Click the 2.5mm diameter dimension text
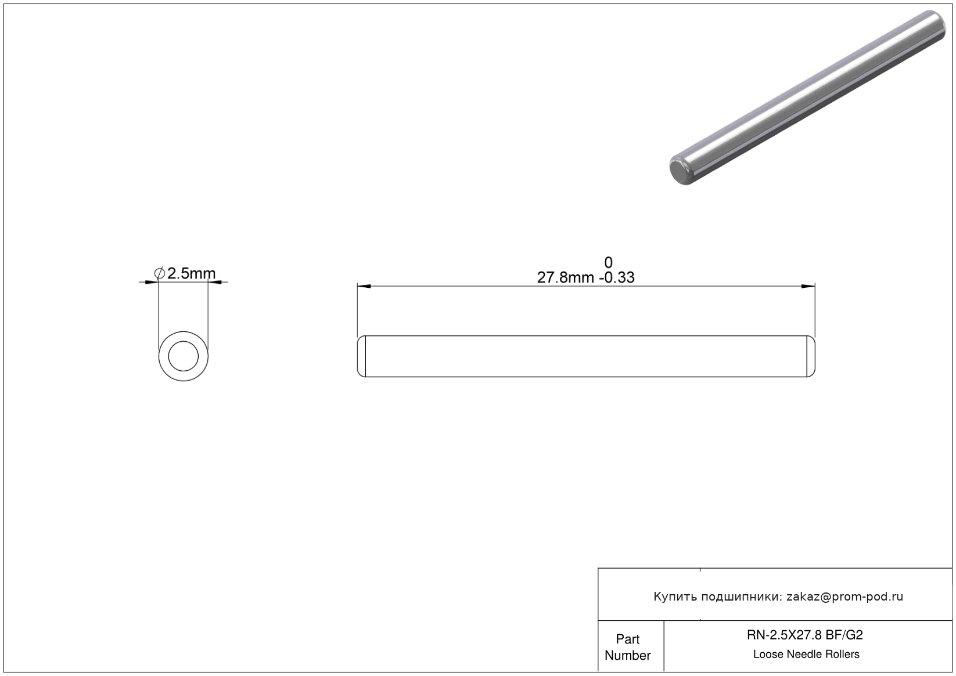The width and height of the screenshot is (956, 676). [x=191, y=273]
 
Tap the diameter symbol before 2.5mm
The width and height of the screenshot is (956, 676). [x=159, y=273]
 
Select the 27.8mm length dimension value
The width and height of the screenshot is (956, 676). [x=565, y=277]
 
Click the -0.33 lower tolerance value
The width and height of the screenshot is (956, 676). [x=617, y=277]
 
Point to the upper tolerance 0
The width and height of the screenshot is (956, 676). [x=609, y=262]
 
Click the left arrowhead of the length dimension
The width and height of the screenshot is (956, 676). [x=364, y=286]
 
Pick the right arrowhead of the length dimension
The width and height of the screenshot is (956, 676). [x=808, y=286]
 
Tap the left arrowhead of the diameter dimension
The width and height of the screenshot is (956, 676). [x=152, y=282]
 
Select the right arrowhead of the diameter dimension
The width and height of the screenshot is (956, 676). [x=215, y=282]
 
